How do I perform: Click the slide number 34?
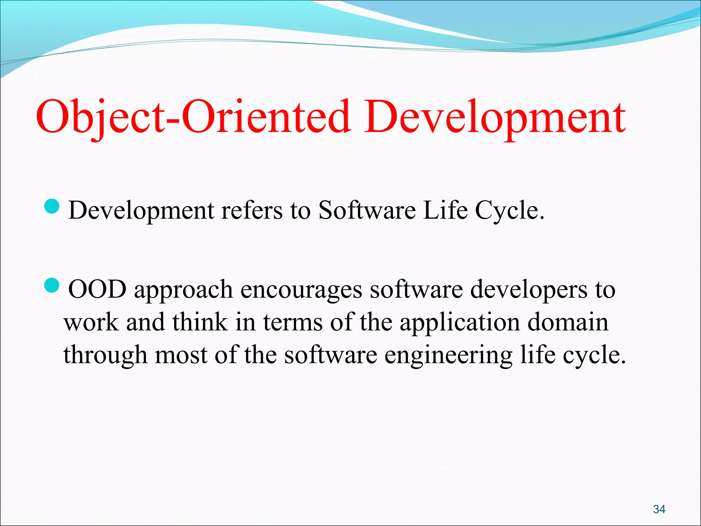pyautogui.click(x=659, y=509)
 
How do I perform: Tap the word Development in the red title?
pyautogui.click(x=495, y=116)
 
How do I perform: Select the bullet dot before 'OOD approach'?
pyautogui.click(x=52, y=286)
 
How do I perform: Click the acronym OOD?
pyautogui.click(x=97, y=290)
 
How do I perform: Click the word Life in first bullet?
pyautogui.click(x=445, y=210)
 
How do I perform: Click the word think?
pyautogui.click(x=200, y=322)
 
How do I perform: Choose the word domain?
pyautogui.click(x=568, y=322)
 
